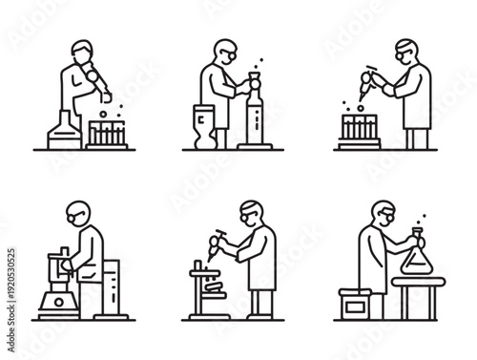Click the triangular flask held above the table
pos(417,254)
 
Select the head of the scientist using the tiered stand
pos(251,212)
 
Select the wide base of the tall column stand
pos(255,145)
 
